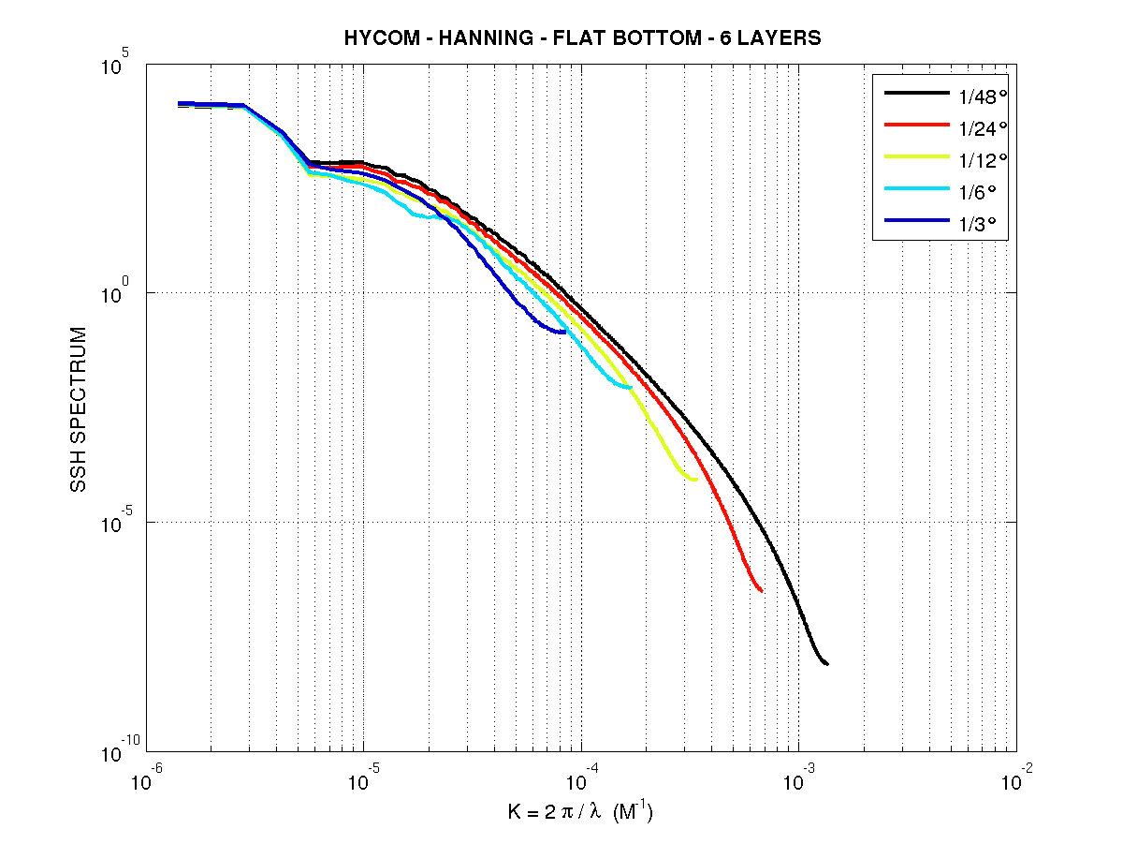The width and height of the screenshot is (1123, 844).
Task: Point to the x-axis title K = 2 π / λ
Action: coord(558,812)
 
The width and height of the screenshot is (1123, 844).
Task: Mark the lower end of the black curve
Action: coord(827,663)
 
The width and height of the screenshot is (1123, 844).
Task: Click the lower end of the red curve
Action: coord(762,591)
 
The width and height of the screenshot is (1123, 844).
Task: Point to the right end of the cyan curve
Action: coord(631,387)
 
